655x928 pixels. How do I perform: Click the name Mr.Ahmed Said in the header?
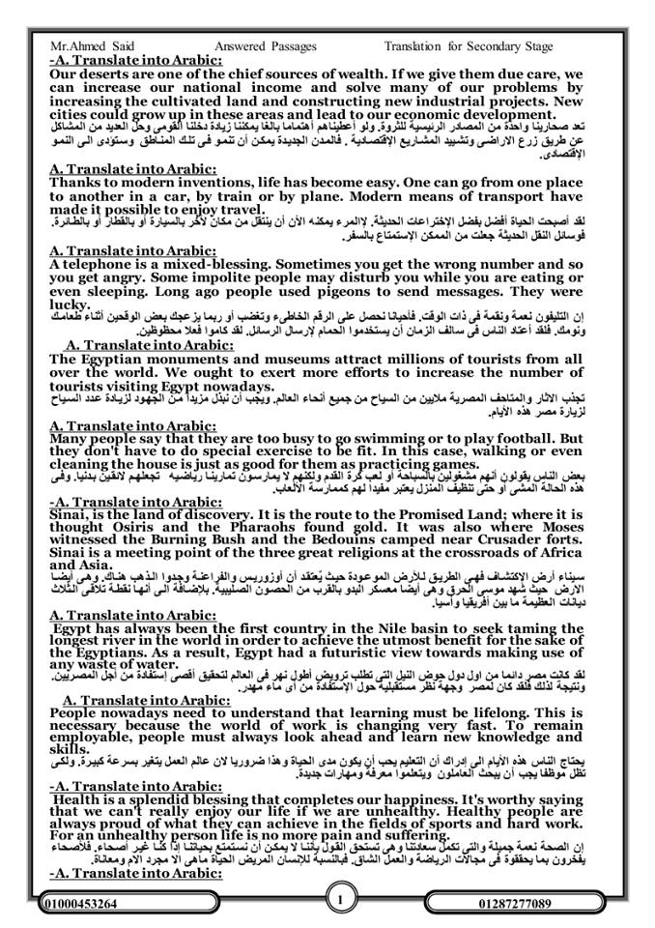coord(86,44)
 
